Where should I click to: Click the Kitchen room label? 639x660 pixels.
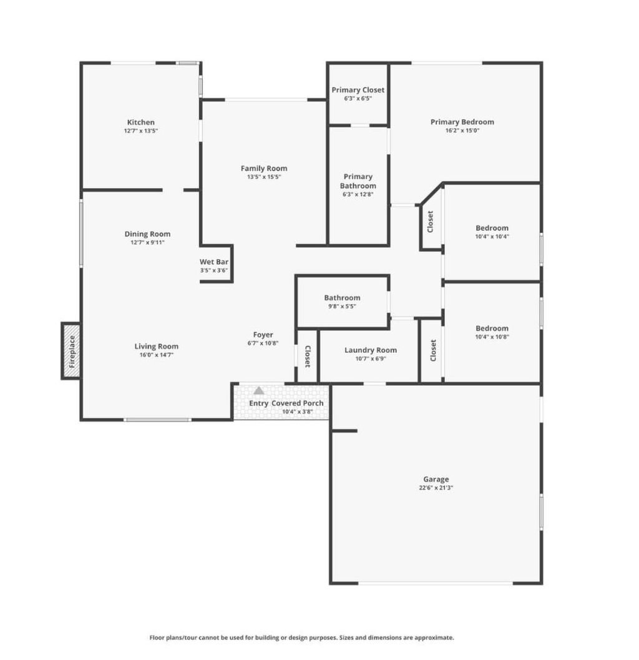point(141,122)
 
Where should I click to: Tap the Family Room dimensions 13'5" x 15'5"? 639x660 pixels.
point(264,177)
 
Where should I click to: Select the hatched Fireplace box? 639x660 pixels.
point(71,351)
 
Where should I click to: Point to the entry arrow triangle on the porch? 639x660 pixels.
point(259,391)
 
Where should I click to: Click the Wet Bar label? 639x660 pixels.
point(213,262)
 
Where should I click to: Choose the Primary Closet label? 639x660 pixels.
point(358,90)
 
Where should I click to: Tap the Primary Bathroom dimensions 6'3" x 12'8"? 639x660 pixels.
point(358,194)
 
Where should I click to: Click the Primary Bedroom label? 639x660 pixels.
point(462,122)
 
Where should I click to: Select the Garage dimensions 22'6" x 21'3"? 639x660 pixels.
point(436,488)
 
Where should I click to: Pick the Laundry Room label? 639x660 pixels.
point(371,350)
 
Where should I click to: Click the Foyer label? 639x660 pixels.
point(263,335)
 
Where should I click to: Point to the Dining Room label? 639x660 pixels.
point(148,234)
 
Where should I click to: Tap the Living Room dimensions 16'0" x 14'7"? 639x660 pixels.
point(157,355)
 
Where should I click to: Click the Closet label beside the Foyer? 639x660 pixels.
point(308,357)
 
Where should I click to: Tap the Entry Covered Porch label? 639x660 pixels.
point(286,403)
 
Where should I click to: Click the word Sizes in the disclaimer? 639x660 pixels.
point(346,638)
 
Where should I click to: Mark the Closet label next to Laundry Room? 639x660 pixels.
point(433,351)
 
